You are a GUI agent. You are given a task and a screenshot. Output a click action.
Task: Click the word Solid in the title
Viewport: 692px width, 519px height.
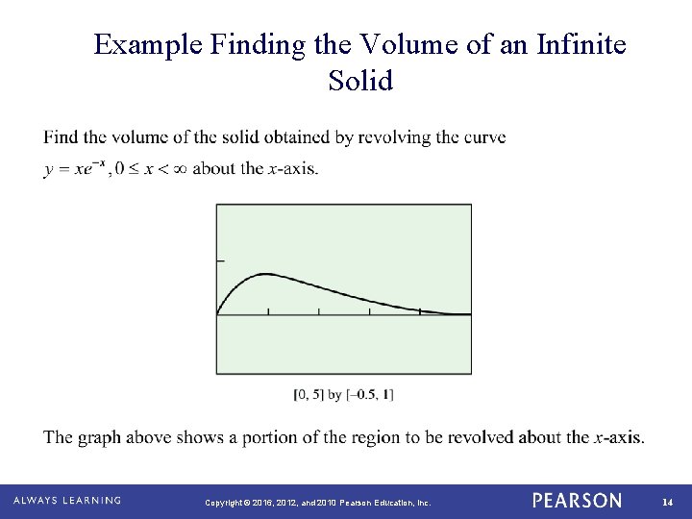[360, 81]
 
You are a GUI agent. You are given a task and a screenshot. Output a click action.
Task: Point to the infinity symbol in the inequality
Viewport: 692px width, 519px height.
[175, 169]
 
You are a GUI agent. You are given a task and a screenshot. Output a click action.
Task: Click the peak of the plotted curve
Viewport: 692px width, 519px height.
[264, 274]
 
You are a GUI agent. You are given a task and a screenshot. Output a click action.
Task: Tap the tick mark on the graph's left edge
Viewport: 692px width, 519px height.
[220, 260]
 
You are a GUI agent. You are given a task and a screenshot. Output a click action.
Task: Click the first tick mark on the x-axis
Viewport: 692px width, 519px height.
[268, 310]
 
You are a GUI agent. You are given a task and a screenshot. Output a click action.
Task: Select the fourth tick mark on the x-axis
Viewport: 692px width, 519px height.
[421, 310]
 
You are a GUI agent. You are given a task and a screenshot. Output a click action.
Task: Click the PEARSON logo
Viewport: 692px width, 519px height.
[577, 501]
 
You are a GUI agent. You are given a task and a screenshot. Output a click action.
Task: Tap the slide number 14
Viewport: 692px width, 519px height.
[666, 502]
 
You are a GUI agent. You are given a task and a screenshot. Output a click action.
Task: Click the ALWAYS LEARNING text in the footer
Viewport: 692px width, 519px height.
[67, 501]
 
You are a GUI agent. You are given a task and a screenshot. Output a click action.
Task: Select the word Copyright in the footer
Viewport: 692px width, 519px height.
[225, 502]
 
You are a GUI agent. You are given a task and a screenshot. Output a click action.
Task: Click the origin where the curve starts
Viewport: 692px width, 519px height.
[217, 314]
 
